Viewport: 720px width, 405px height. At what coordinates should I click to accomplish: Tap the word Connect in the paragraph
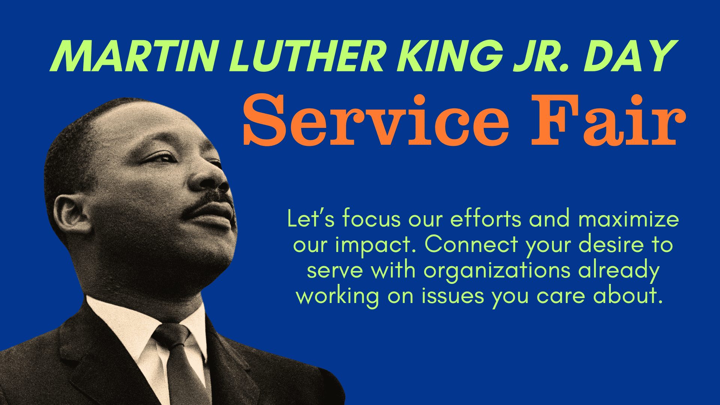471,244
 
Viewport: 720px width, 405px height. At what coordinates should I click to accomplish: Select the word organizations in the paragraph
497,271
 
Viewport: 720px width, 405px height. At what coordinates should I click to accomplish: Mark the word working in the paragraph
337,296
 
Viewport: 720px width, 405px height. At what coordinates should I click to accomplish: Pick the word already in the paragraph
619,271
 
